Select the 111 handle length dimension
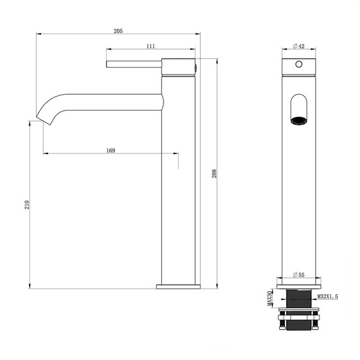[151, 46]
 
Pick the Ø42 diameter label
[299, 46]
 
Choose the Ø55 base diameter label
[299, 275]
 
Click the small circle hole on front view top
[298, 65]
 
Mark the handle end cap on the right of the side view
[196, 65]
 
